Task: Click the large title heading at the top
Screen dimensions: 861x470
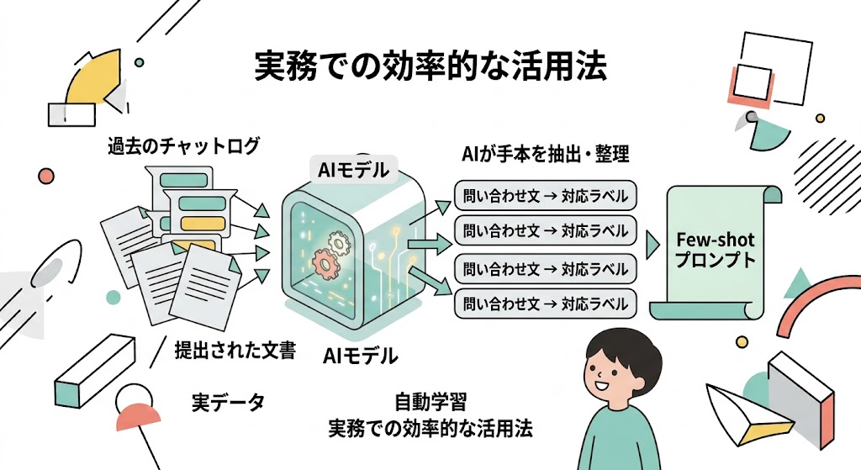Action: click(430, 67)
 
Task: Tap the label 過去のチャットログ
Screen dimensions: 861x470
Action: click(183, 146)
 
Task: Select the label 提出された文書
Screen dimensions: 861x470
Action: click(235, 350)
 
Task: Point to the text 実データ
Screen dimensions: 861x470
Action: click(228, 403)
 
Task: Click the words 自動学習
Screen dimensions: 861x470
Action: click(430, 402)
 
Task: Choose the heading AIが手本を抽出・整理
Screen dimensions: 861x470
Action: click(545, 155)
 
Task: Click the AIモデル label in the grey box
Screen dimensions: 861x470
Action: click(353, 170)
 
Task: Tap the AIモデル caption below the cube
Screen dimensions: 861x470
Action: click(360, 356)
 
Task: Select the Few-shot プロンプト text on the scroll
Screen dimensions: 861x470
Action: click(716, 249)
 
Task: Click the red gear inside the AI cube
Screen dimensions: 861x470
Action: click(325, 263)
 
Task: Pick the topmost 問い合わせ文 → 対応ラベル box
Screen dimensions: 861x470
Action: click(545, 196)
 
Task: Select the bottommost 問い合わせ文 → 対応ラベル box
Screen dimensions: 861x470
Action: click(545, 304)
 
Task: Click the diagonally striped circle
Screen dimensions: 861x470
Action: click(829, 175)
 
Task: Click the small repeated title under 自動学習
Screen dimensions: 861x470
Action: click(430, 428)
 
